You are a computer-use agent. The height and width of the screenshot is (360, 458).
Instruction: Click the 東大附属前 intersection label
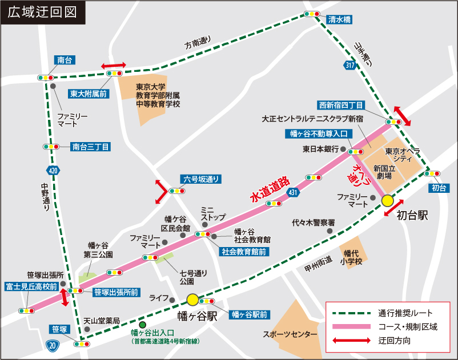(x=89, y=93)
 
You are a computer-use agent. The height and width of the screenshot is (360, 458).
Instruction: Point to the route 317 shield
(x=349, y=65)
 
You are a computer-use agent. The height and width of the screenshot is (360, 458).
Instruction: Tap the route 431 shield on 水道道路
(x=294, y=192)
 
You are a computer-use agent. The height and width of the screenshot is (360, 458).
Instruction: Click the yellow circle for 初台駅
(x=388, y=200)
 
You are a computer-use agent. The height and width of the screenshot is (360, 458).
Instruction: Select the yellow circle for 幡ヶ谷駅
(x=192, y=300)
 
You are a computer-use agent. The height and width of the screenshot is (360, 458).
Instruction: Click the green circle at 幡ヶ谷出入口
(x=142, y=324)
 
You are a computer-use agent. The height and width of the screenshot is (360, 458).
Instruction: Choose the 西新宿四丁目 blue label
(x=342, y=106)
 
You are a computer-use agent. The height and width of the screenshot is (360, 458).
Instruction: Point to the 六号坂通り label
(x=200, y=179)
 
